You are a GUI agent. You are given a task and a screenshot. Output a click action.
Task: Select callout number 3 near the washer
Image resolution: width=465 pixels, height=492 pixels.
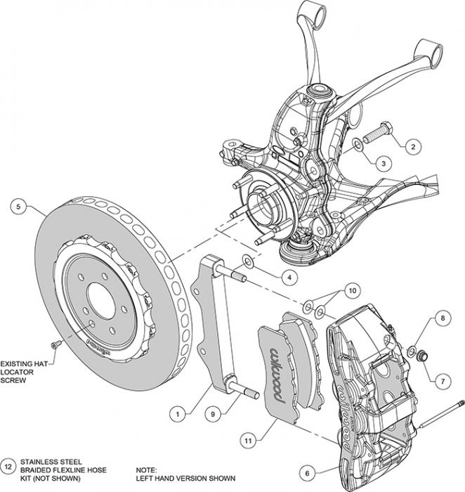coord(383,162)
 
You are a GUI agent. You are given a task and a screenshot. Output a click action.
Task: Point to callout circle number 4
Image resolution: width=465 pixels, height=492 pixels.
coord(287,277)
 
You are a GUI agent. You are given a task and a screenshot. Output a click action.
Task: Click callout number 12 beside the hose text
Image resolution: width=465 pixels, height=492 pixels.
coord(8,465)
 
